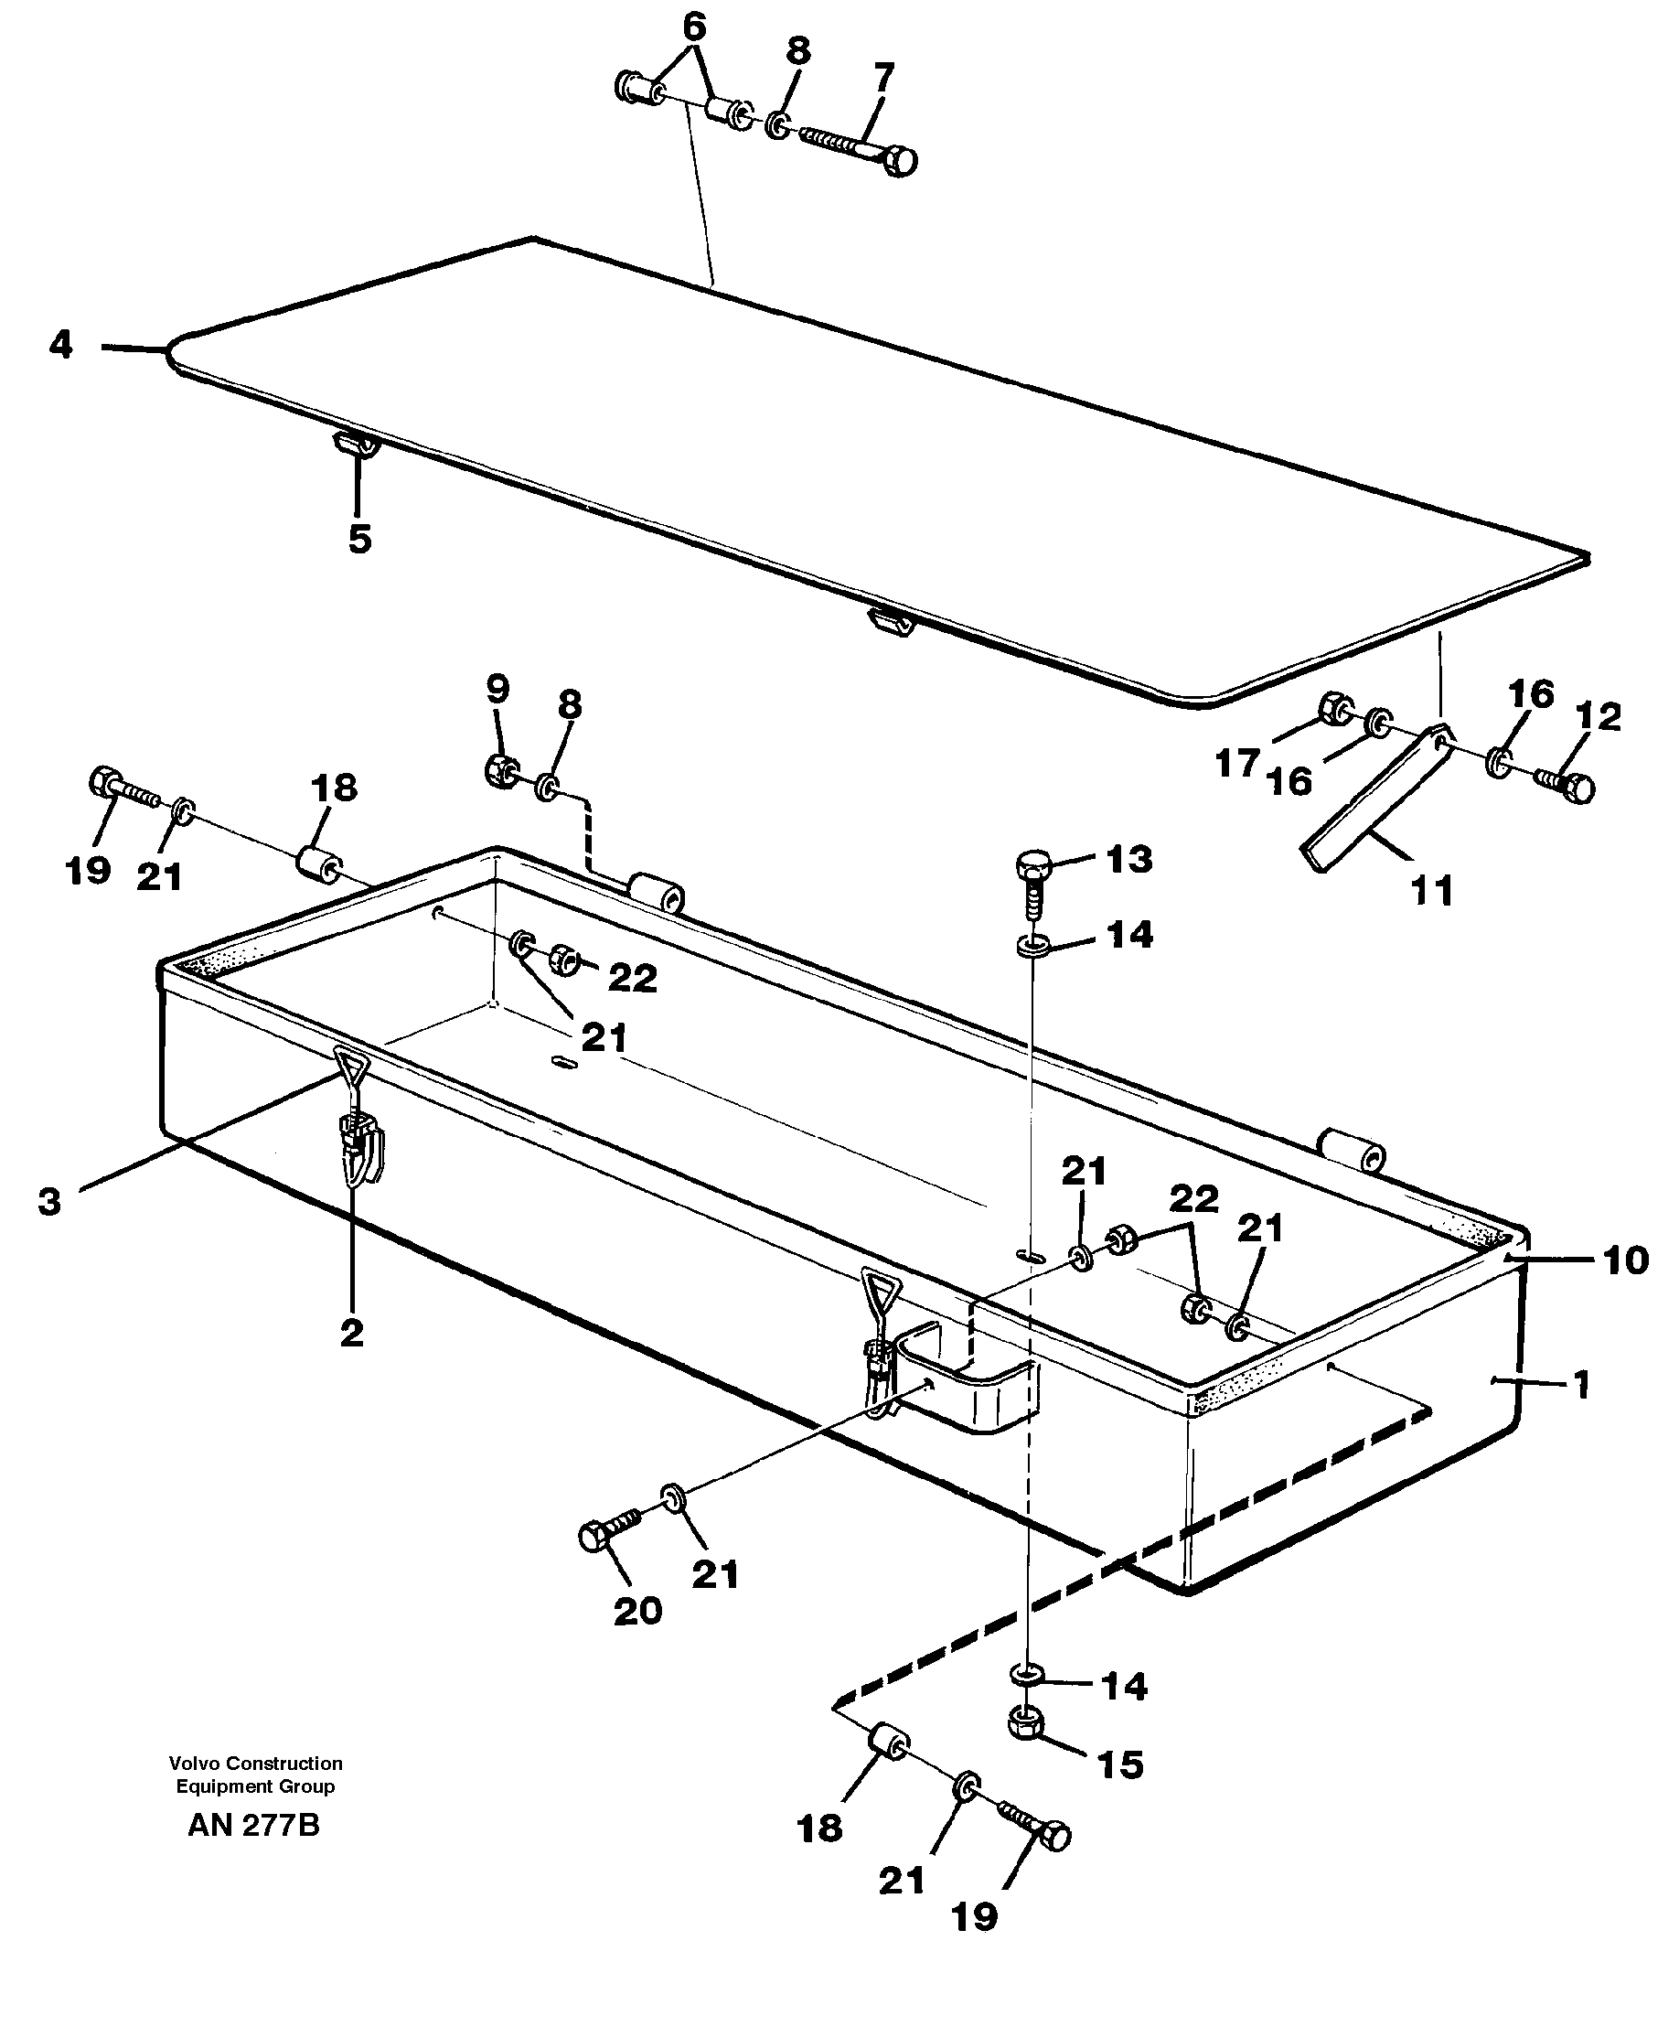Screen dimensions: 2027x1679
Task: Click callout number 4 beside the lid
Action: pyautogui.click(x=60, y=345)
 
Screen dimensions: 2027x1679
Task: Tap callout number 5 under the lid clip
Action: pyautogui.click(x=359, y=539)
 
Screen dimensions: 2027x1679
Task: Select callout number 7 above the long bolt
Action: pyautogui.click(x=882, y=76)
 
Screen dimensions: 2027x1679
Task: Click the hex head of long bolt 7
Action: pyautogui.click(x=900, y=161)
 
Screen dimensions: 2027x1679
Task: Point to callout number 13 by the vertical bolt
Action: pyautogui.click(x=1129, y=858)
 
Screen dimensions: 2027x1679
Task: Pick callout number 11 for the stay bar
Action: pyautogui.click(x=1432, y=890)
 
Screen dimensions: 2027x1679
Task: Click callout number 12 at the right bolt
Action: pyautogui.click(x=1598, y=716)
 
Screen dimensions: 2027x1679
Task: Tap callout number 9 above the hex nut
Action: pyautogui.click(x=497, y=689)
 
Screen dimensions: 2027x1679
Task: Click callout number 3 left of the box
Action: pyautogui.click(x=49, y=1202)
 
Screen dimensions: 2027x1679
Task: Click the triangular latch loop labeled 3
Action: pyautogui.click(x=352, y=1066)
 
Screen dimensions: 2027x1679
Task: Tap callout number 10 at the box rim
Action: pyautogui.click(x=1626, y=1260)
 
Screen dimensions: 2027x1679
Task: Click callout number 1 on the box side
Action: pyautogui.click(x=1580, y=1385)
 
